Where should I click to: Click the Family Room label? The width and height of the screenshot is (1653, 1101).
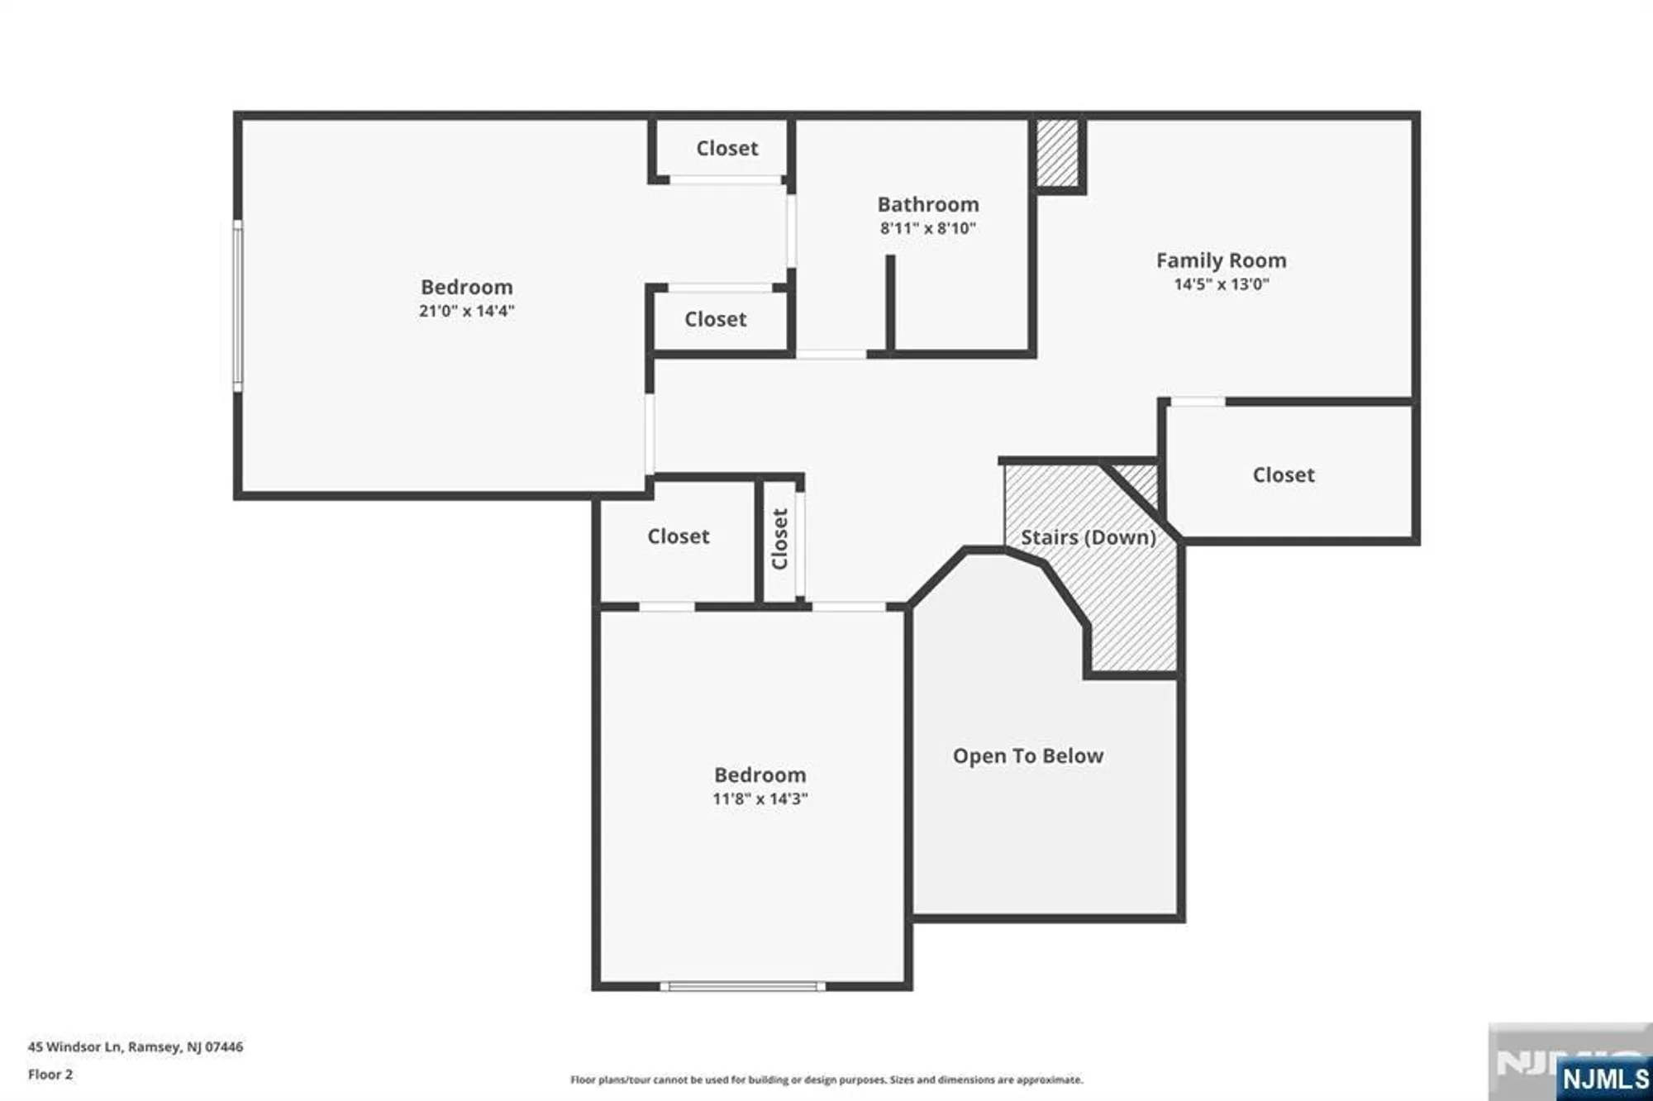click(x=1221, y=260)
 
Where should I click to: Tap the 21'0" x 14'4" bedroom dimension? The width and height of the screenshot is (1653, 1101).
click(x=466, y=311)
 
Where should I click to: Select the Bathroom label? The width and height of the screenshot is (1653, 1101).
click(x=927, y=204)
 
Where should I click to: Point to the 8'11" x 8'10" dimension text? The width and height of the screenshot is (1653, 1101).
click(x=927, y=228)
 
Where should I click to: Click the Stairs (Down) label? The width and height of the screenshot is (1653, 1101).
click(x=1088, y=537)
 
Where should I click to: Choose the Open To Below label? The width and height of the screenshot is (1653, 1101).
click(x=1027, y=755)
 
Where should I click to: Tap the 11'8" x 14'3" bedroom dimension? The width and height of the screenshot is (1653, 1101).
click(x=760, y=798)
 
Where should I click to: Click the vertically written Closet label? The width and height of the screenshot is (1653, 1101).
click(x=779, y=539)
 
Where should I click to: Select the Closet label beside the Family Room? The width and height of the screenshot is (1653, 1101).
click(x=1283, y=474)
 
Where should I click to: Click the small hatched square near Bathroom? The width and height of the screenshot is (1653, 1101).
click(x=1057, y=154)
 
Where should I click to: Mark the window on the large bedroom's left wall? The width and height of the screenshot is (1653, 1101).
click(x=238, y=306)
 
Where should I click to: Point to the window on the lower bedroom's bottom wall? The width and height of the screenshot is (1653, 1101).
click(x=742, y=986)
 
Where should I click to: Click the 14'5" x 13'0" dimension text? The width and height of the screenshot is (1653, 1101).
click(x=1221, y=284)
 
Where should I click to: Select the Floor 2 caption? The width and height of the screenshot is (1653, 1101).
click(x=50, y=1075)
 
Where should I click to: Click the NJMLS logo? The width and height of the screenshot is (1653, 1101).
click(x=1604, y=1079)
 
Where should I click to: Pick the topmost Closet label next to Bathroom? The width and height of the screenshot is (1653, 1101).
click(x=726, y=148)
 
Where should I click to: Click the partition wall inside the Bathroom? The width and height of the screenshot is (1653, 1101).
click(x=890, y=302)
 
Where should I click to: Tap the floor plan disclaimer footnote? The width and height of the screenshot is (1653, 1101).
click(x=826, y=1080)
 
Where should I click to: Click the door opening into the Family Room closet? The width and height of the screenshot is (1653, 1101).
click(x=1197, y=402)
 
